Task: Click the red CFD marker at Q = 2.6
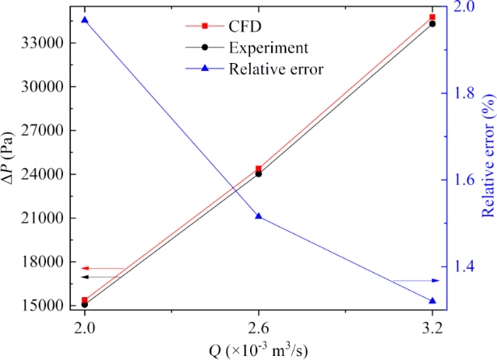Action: coord(258,170)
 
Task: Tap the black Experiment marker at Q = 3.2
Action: coord(432,23)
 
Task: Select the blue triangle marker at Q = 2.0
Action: coord(85,19)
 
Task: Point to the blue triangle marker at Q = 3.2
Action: coord(432,301)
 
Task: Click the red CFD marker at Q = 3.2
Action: coord(432,17)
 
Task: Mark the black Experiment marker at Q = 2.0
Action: coord(85,304)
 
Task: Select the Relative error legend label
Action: coord(276,68)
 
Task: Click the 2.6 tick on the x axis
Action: coord(258,329)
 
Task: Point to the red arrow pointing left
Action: coord(102,268)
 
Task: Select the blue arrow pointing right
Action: coord(416,280)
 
